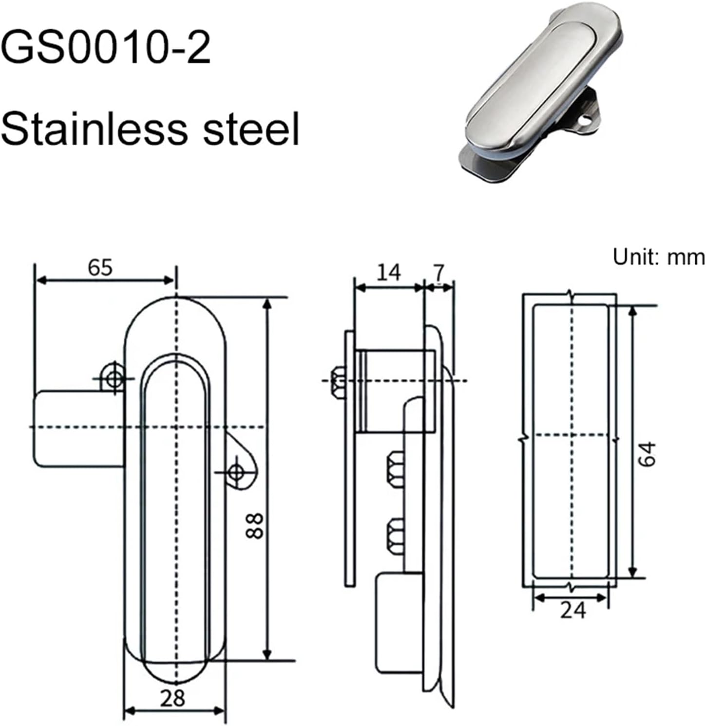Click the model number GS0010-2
(x=106, y=48)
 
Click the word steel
(x=251, y=129)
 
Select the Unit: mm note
(x=658, y=257)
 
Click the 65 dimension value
(x=100, y=267)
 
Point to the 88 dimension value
(x=254, y=525)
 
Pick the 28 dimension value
(x=172, y=699)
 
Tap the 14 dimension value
(x=388, y=273)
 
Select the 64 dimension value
(x=648, y=454)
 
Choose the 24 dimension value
(x=572, y=610)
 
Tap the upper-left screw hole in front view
(x=114, y=377)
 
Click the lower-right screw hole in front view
(x=237, y=471)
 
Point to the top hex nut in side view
(x=337, y=380)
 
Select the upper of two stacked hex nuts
(x=396, y=468)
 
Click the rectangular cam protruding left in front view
(x=78, y=428)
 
